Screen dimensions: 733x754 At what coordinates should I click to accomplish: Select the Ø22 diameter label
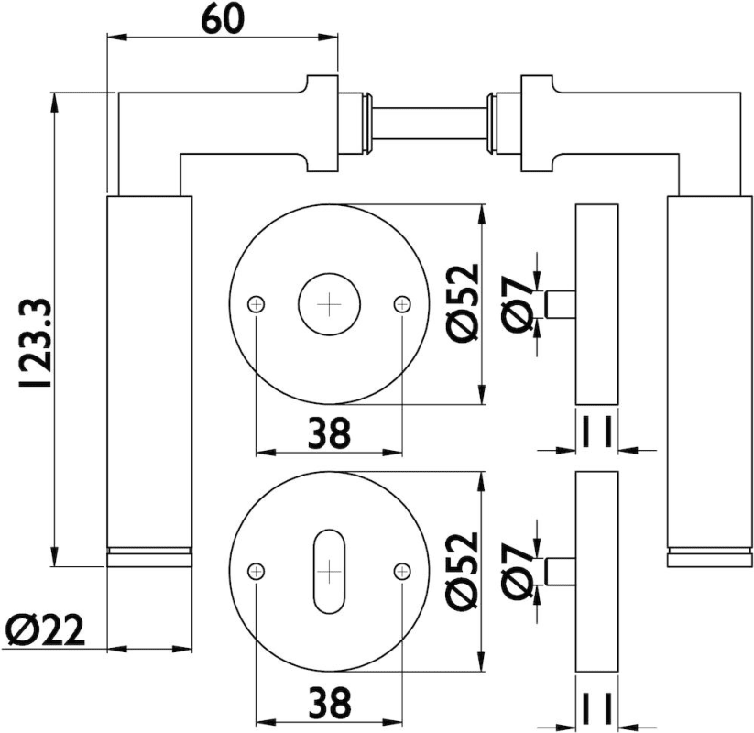[45, 629]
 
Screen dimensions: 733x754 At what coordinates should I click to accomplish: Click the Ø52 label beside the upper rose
[463, 303]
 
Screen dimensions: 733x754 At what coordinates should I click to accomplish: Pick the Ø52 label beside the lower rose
[463, 570]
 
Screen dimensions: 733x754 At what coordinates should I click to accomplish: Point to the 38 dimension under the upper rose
[328, 433]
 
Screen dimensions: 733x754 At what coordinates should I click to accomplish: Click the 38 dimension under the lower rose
[328, 703]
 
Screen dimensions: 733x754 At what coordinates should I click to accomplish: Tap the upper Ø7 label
[519, 304]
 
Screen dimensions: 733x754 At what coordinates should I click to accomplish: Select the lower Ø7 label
[519, 570]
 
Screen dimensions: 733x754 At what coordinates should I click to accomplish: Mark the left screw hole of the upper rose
[257, 303]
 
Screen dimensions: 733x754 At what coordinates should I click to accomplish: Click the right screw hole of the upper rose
[401, 303]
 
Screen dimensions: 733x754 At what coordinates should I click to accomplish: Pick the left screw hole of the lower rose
[257, 571]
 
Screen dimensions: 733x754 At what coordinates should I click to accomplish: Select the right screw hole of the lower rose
[401, 571]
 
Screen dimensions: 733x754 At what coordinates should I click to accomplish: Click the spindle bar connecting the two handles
[428, 123]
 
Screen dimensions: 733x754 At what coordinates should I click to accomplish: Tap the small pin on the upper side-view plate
[559, 303]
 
